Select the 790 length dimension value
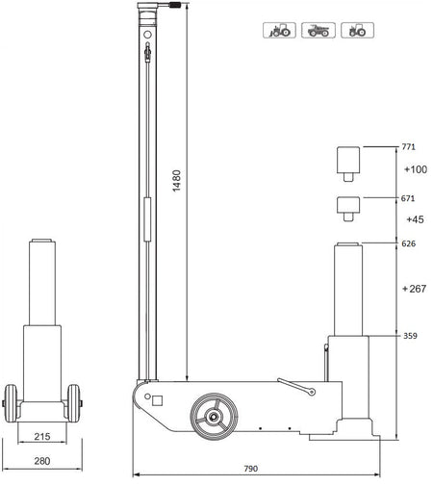coord(250,469)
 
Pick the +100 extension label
coord(415,170)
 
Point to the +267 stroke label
coord(415,288)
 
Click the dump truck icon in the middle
coord(317,32)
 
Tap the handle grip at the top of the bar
coord(176,7)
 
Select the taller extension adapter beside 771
coord(347,164)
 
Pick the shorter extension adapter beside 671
coord(347,207)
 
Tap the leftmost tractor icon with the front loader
coord(278,32)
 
